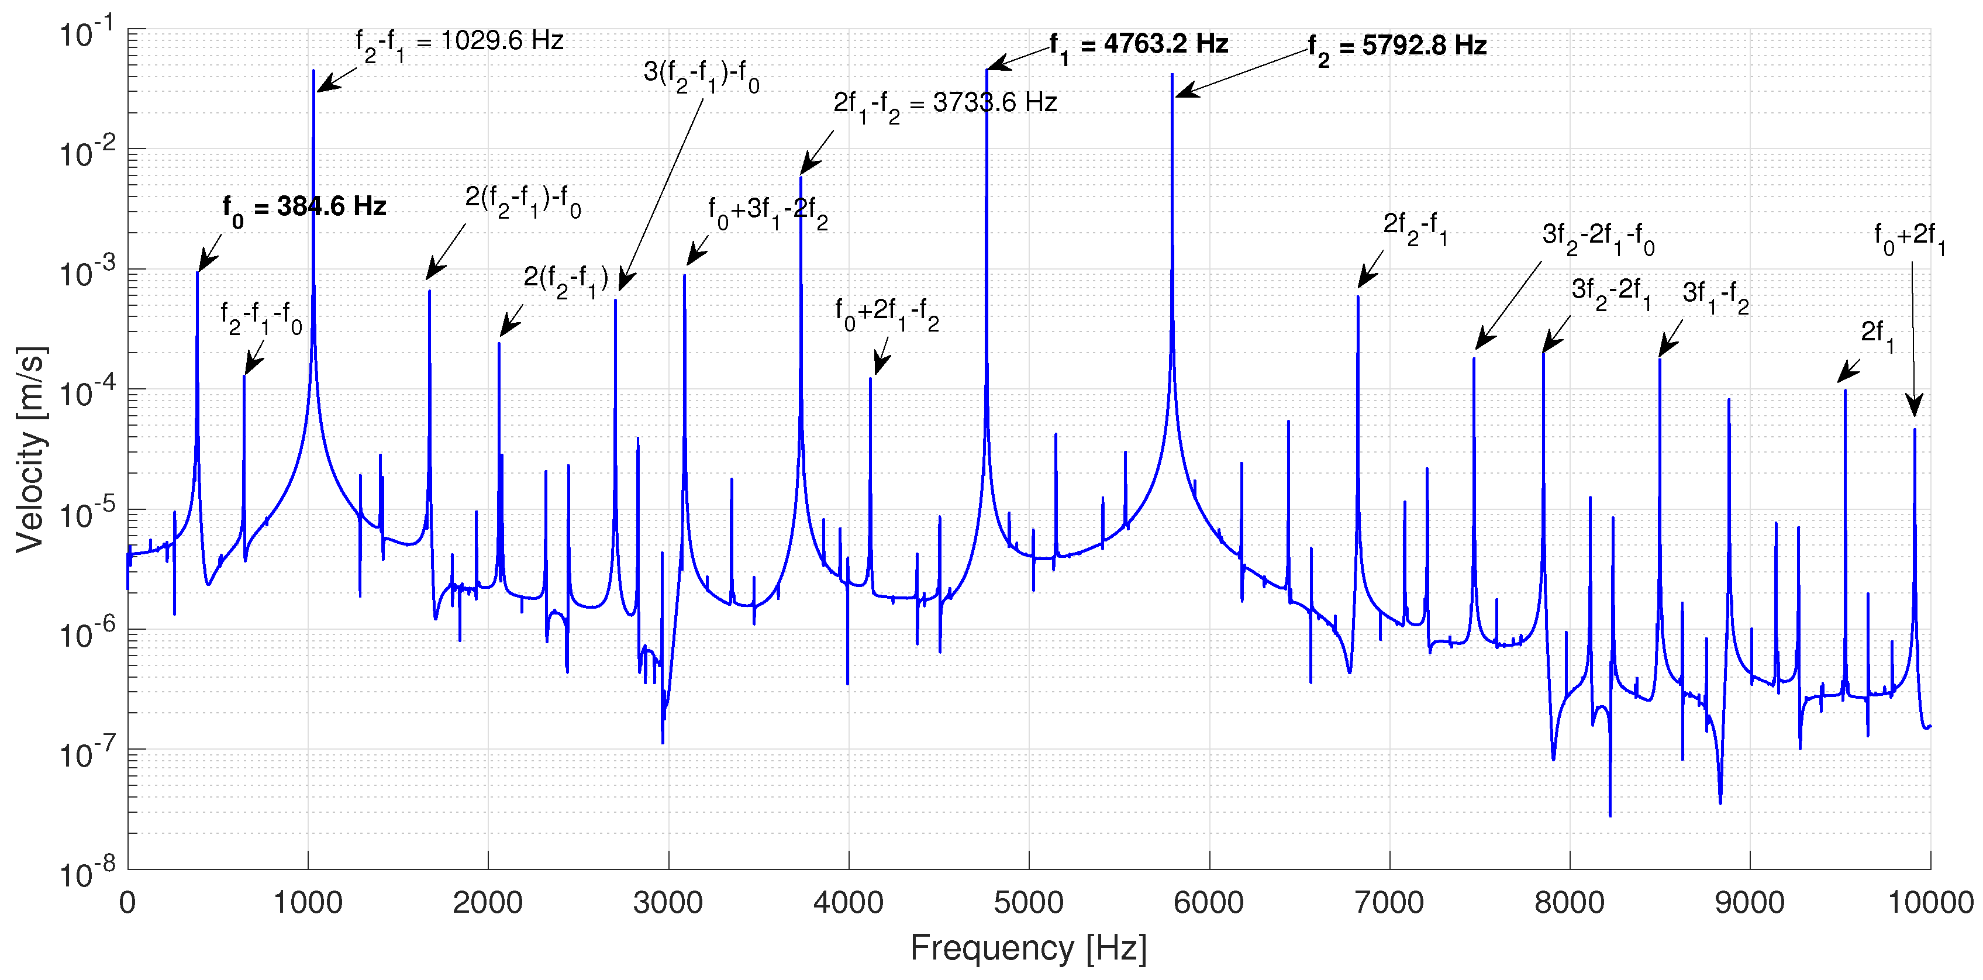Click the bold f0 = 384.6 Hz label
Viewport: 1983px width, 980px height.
(304, 208)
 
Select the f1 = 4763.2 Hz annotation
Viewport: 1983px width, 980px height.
(1139, 46)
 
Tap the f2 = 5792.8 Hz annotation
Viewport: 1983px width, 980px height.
(1397, 48)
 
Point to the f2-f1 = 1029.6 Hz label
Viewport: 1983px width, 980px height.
(459, 43)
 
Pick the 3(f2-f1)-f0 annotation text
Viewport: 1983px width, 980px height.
(701, 75)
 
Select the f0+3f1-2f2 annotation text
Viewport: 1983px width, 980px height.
(767, 212)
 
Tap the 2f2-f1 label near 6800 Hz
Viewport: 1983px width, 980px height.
(1415, 226)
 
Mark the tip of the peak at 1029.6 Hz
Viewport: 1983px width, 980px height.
(313, 71)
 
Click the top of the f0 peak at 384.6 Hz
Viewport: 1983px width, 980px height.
(198, 272)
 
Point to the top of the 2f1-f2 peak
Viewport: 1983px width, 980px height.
(801, 178)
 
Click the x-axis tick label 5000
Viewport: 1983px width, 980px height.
(1029, 902)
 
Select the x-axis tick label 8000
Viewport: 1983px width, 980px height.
(1570, 902)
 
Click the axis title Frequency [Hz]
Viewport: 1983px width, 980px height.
(1029, 948)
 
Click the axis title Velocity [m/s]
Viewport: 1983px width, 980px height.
(31, 450)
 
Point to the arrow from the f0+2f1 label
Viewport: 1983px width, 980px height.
(1913, 339)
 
